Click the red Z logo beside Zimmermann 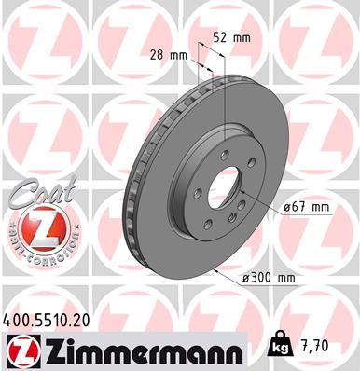click(20, 351)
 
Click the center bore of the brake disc click(222, 190)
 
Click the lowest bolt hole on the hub click(224, 223)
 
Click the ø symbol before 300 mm click(246, 278)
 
